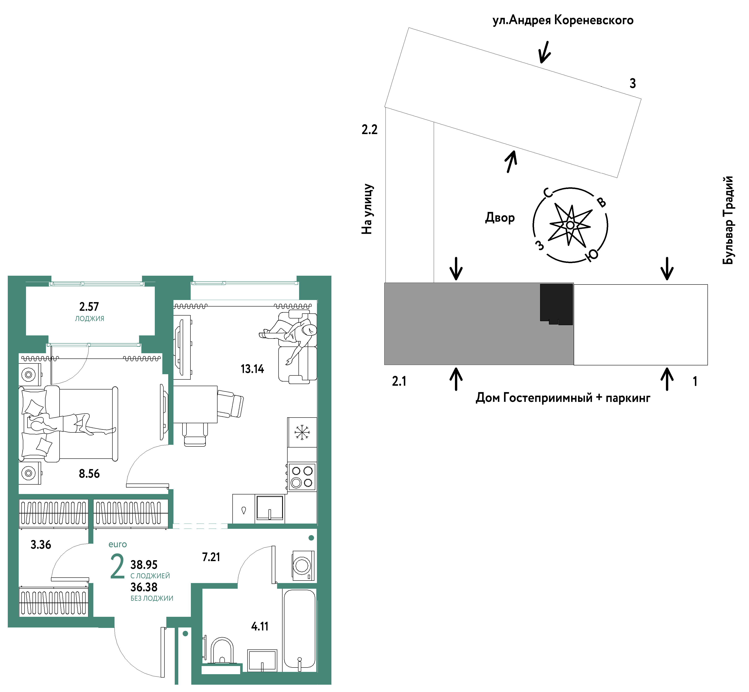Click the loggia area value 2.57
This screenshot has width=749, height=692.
coord(89,307)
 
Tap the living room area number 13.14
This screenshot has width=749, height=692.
coord(252,369)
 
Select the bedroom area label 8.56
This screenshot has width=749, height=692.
coord(89,474)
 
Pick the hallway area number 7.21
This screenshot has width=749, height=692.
coord(211,557)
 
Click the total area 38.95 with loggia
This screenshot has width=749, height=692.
coord(144,565)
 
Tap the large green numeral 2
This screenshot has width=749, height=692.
coord(117,567)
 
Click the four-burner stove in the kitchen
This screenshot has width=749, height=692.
coord(302,477)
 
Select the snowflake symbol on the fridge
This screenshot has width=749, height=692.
coord(302,432)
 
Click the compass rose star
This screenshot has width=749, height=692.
coord(570,225)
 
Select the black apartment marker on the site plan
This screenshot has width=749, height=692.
coord(556,304)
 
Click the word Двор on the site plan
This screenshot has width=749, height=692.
coord(500,217)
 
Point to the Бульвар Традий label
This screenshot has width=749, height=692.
coord(728,220)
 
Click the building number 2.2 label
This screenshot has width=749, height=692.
coord(370,129)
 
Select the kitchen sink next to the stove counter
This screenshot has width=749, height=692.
coord(270,508)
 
